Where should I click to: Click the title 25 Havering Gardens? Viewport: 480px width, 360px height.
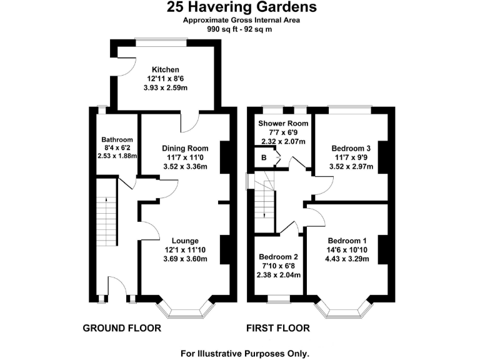(241, 7)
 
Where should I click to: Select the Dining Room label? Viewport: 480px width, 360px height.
(184, 148)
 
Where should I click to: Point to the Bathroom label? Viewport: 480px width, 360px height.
(117, 139)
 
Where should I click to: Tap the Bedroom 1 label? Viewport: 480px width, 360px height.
(346, 241)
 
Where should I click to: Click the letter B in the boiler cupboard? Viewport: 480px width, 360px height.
(263, 158)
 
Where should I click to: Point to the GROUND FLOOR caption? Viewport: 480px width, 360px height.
(122, 328)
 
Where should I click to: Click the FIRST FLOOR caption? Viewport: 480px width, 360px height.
(277, 328)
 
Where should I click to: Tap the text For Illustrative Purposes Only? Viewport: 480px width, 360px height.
(245, 352)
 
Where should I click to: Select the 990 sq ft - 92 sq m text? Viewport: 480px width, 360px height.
(241, 29)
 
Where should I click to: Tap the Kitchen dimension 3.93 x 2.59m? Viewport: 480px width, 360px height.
(167, 89)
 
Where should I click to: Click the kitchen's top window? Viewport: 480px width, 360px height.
(161, 41)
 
